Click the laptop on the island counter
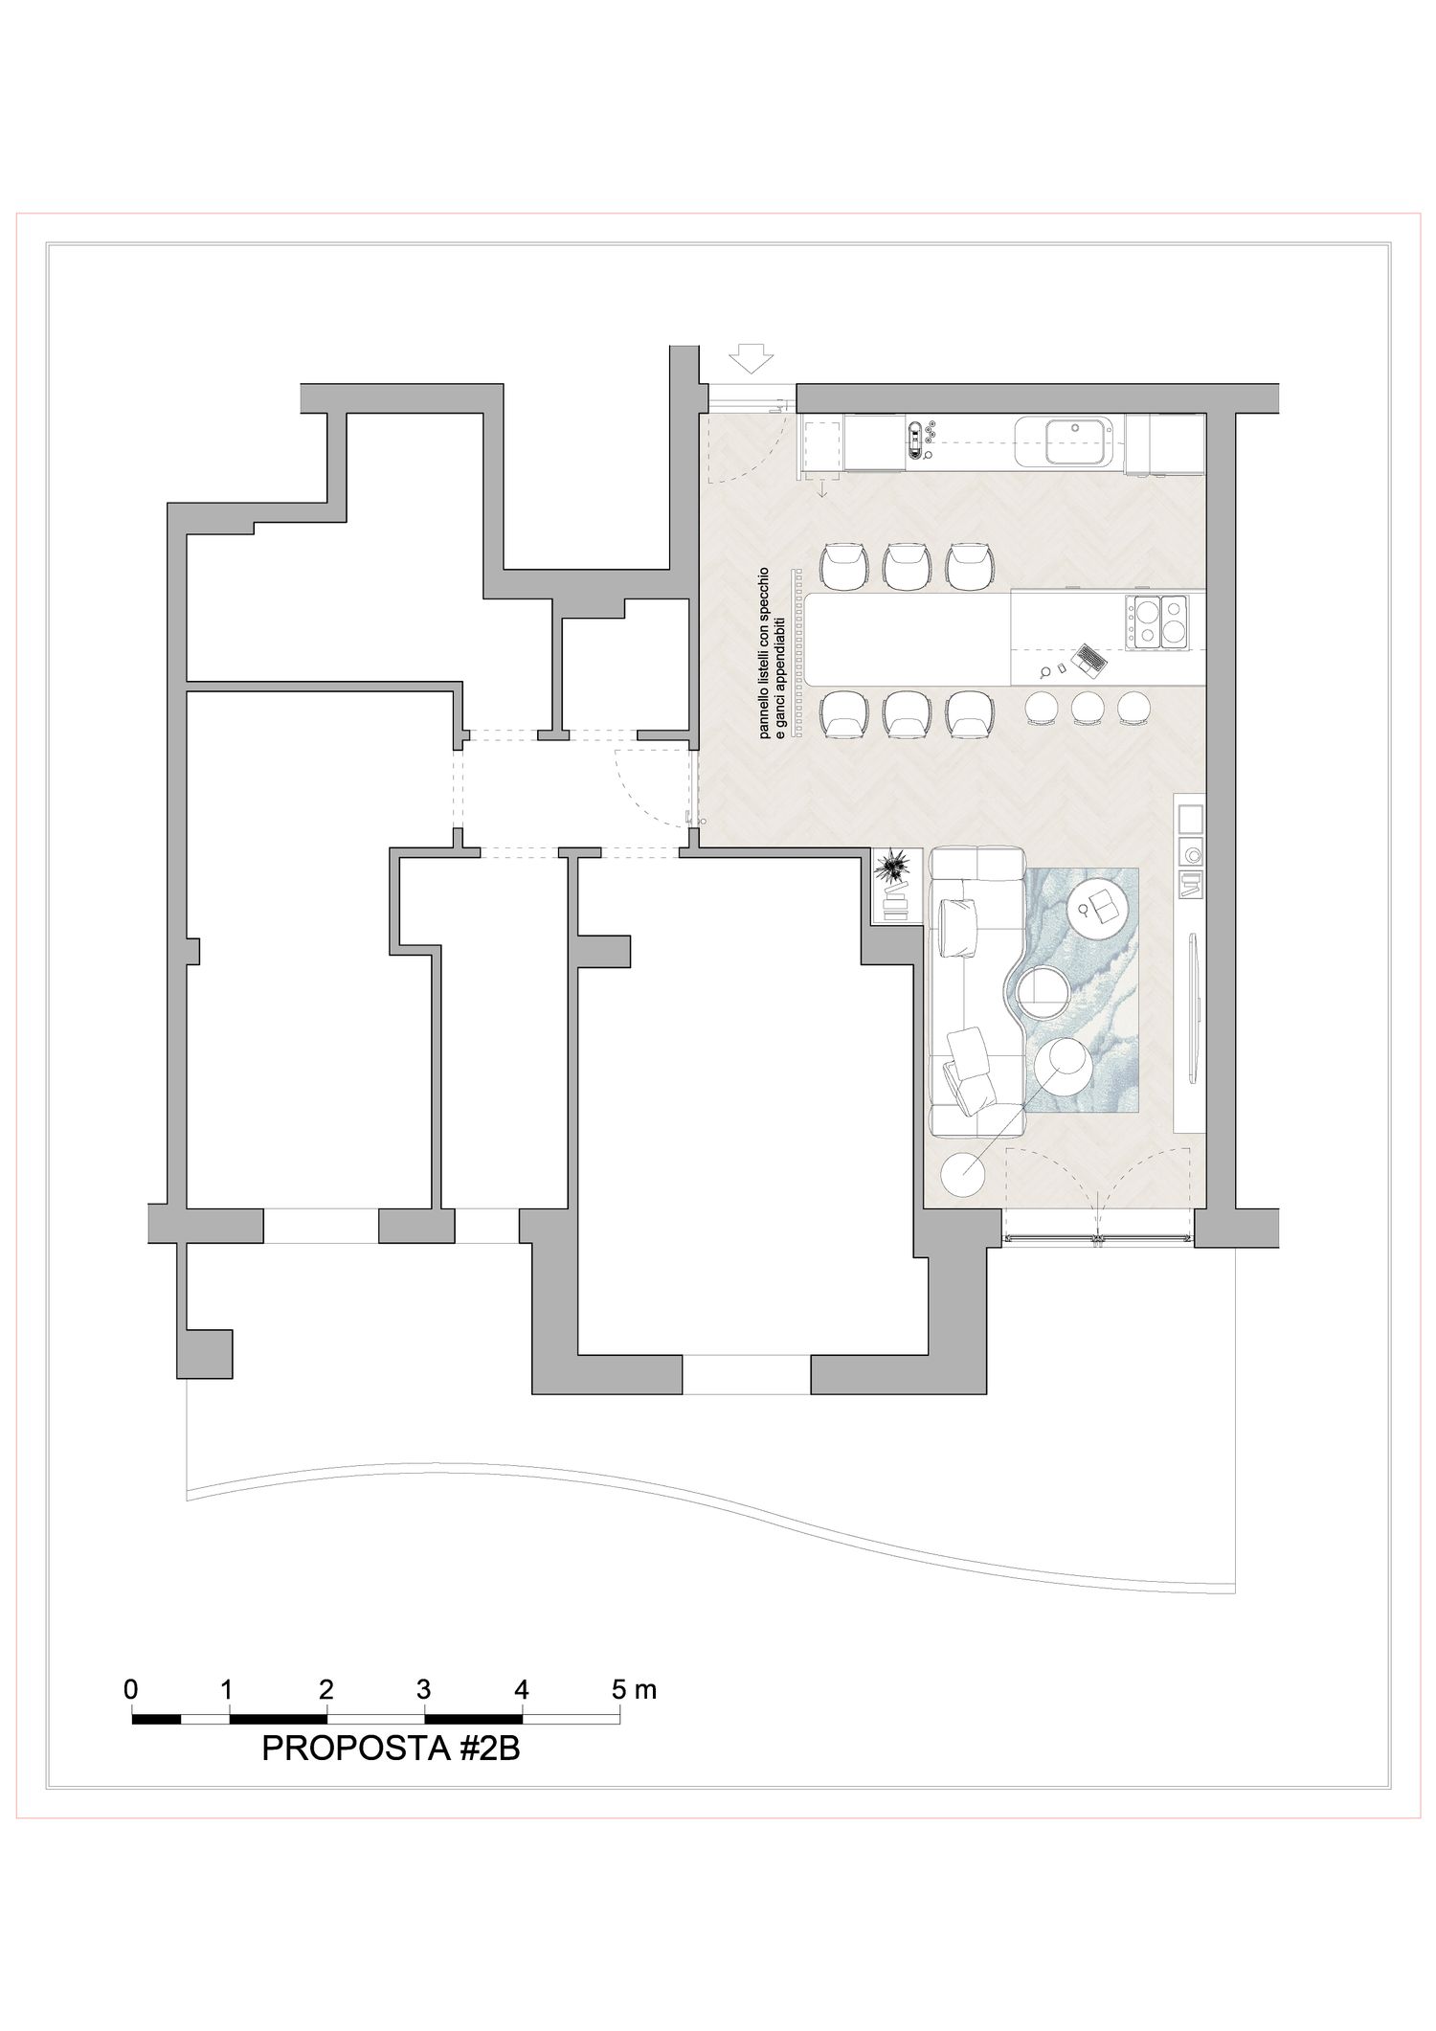pos(1088,657)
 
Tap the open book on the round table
pos(1109,902)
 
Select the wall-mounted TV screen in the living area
pos(1193,1007)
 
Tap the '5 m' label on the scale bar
pos(635,1688)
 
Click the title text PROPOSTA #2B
pos(391,1748)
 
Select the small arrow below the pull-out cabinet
pos(821,488)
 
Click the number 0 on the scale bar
pos(131,1688)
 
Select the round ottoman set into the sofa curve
pos(1042,991)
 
